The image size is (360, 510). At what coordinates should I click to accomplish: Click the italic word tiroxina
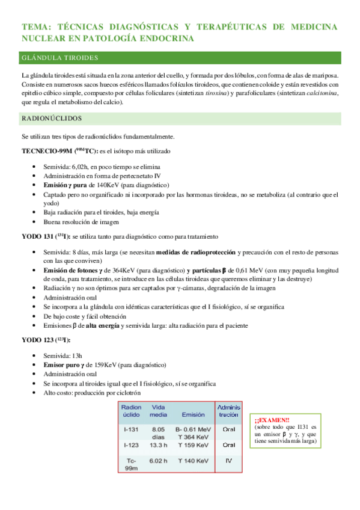(213, 94)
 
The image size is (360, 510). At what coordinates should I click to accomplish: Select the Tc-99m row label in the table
(131, 464)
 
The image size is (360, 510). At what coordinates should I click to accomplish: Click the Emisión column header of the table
(192, 415)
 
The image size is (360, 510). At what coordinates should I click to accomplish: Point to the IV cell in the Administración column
(228, 460)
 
